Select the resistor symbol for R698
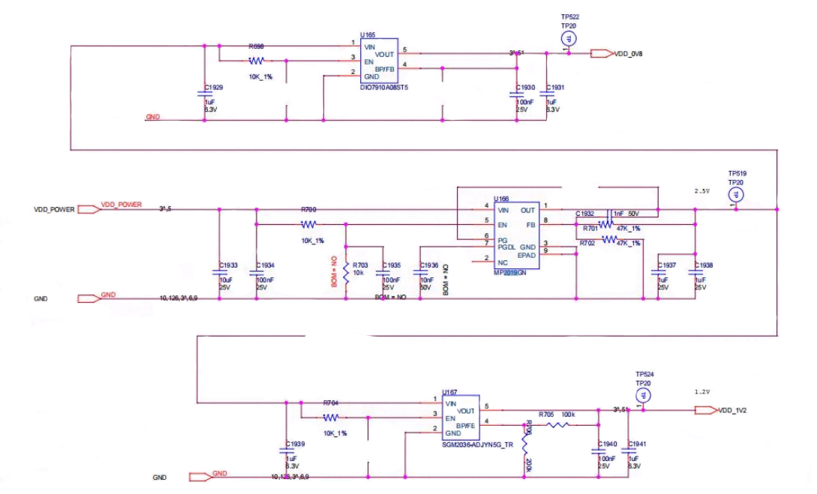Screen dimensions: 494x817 coord(257,61)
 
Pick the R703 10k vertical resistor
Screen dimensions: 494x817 coord(346,270)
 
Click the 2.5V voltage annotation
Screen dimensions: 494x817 coord(702,191)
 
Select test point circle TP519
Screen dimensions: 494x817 coord(736,195)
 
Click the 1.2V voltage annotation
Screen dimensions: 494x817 coord(702,391)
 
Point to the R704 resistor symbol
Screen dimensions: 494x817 coord(332,418)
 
